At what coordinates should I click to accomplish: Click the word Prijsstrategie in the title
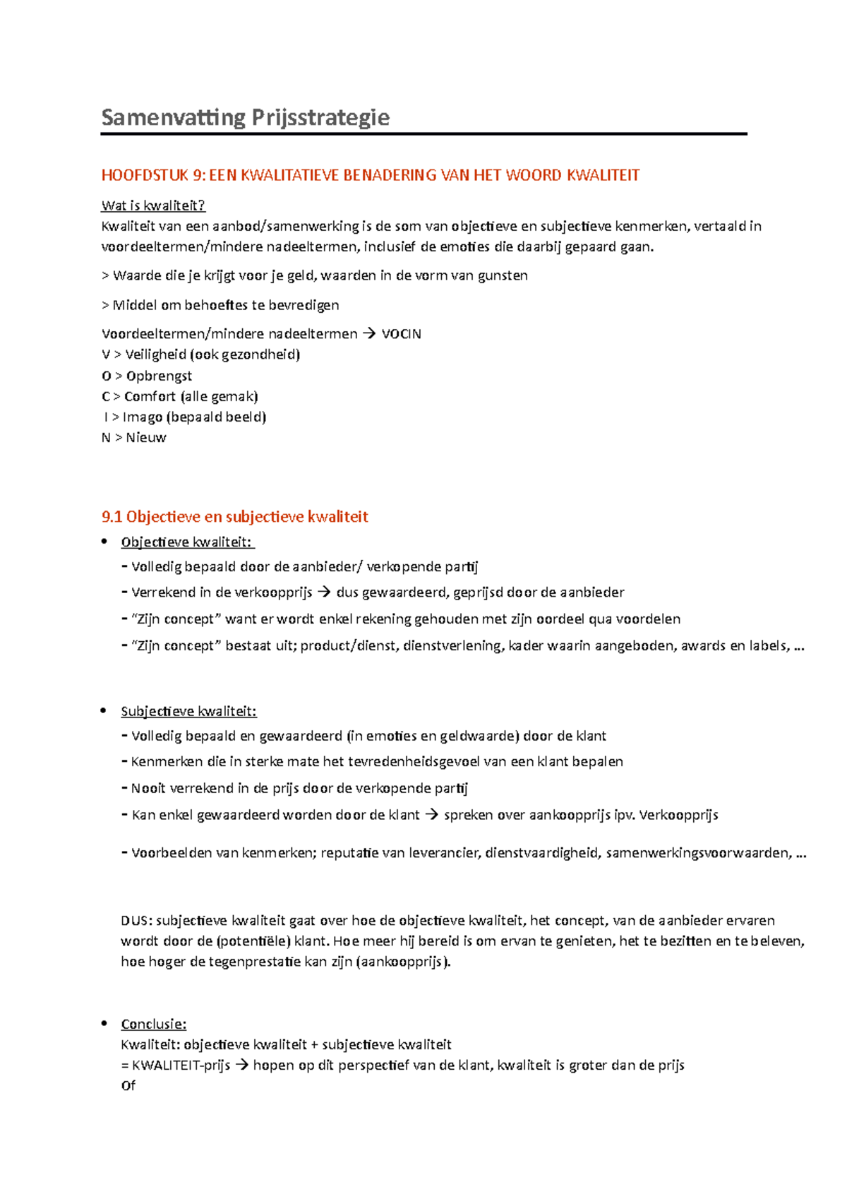[318, 117]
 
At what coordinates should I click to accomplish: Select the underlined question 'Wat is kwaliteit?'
[153, 205]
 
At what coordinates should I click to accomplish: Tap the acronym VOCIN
[401, 334]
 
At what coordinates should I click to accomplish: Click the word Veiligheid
[155, 354]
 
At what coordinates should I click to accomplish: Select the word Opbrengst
[159, 376]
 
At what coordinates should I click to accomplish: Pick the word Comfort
[150, 396]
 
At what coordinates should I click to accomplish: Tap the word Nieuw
[146, 437]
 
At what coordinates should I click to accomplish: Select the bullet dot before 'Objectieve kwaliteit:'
[104, 542]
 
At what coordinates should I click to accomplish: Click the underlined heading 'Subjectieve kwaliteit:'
[188, 711]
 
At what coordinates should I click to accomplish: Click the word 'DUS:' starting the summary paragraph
[136, 921]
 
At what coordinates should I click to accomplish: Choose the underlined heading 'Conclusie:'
[153, 1024]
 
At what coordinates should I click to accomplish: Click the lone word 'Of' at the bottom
[128, 1085]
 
